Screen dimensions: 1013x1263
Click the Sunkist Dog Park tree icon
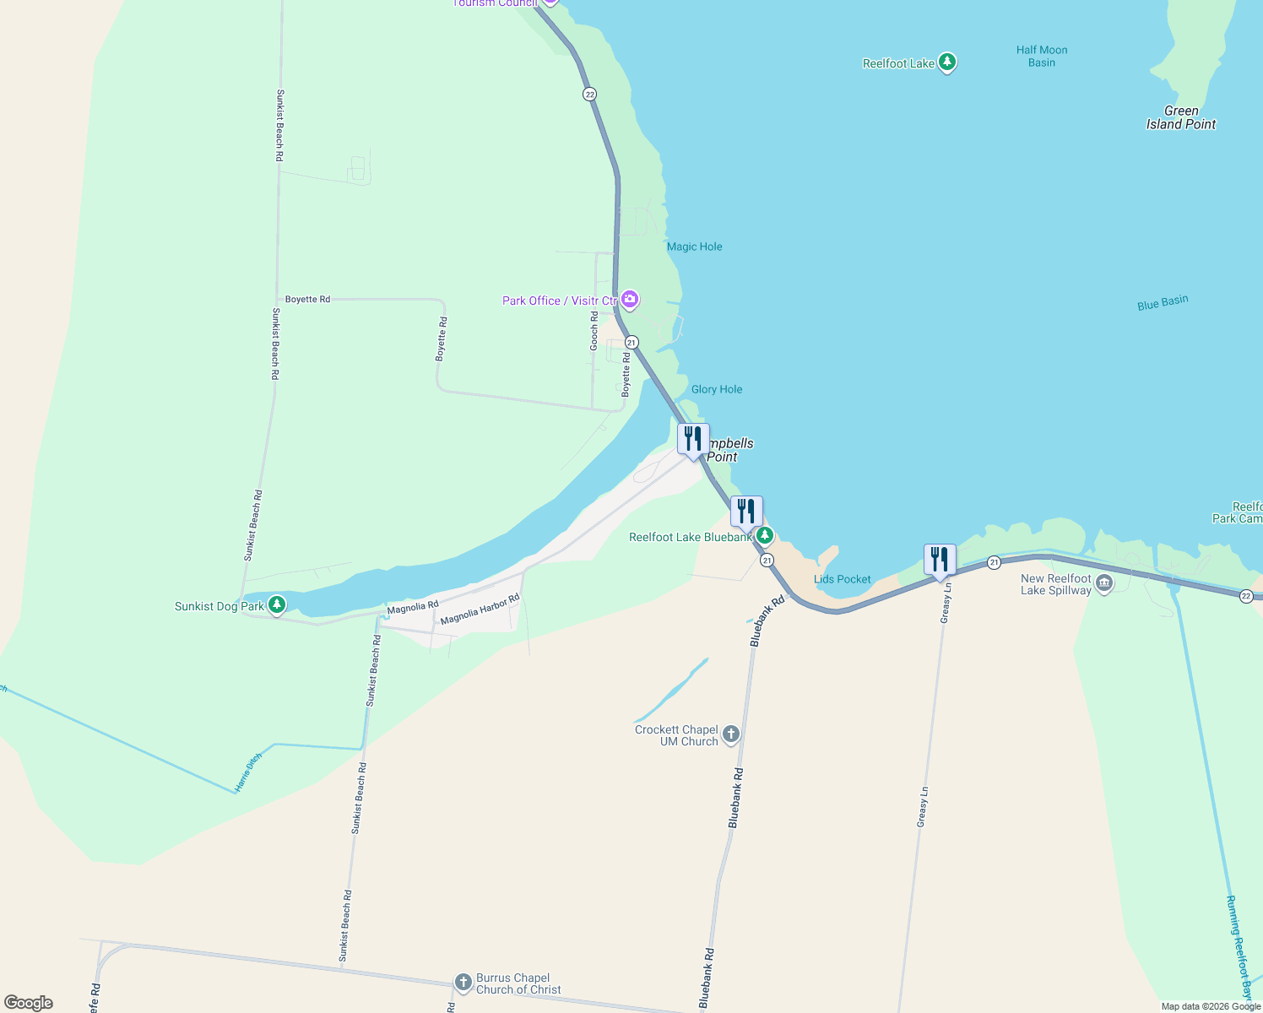(x=276, y=605)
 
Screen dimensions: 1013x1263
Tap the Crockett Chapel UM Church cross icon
(x=731, y=734)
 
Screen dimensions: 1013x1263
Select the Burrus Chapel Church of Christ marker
(x=463, y=982)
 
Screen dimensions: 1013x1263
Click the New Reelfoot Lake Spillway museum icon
(x=1104, y=584)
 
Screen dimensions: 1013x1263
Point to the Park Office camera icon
(x=630, y=300)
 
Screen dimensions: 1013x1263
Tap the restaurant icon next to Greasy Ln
(x=940, y=560)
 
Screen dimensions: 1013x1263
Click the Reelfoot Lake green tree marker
(x=947, y=62)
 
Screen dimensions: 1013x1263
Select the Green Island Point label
(x=1180, y=117)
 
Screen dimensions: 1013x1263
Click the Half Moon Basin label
(x=1042, y=56)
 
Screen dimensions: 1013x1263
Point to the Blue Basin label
(x=1163, y=303)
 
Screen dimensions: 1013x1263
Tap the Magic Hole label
(x=694, y=246)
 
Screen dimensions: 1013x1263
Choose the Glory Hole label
(x=717, y=389)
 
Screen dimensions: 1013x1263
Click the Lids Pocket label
(x=842, y=579)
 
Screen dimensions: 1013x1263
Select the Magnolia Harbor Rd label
(x=480, y=609)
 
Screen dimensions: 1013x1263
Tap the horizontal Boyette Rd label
(x=307, y=299)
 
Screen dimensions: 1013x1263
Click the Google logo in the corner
(x=29, y=1002)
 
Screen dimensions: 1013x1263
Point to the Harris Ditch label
(x=248, y=772)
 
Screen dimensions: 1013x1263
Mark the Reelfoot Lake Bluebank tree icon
(x=764, y=535)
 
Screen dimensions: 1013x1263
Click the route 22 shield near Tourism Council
(x=589, y=94)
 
